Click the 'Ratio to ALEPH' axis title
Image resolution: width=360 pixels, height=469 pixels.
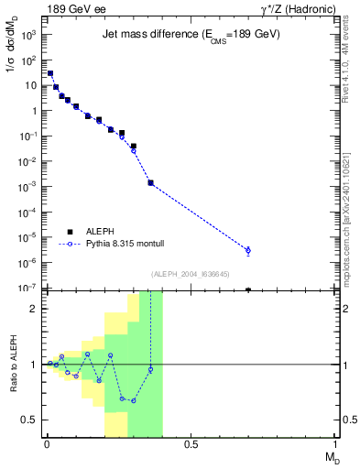(13, 364)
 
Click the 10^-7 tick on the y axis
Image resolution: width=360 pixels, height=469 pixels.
(28, 289)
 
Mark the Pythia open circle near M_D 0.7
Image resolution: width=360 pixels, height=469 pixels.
(248, 250)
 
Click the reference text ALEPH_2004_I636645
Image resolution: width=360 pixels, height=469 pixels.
(190, 273)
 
